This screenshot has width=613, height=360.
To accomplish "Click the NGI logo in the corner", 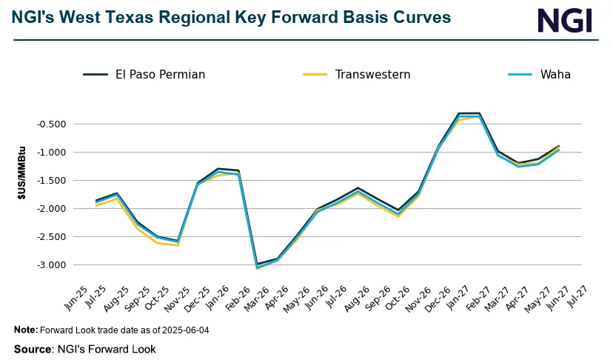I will [x=565, y=21].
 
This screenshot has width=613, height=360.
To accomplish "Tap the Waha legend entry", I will [x=555, y=74].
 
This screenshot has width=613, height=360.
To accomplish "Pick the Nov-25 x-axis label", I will [x=172, y=297].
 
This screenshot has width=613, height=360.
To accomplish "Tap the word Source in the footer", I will [x=30, y=348].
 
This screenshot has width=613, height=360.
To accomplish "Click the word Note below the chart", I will [x=25, y=330].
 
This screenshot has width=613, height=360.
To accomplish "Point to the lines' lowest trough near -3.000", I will [x=257, y=266].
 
